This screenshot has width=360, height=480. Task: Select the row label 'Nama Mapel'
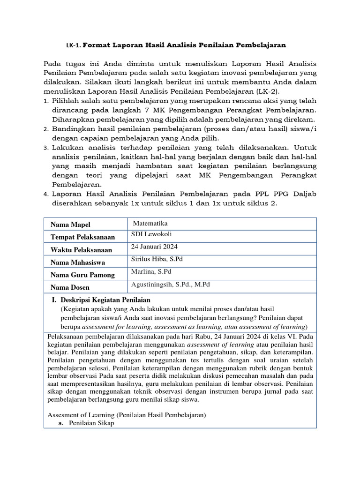pos(71,225)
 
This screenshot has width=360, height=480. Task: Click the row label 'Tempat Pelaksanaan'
pos(83,237)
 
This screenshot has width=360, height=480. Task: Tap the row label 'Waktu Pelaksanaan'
pos(82,250)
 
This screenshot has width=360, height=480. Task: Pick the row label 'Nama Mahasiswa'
pos(78,262)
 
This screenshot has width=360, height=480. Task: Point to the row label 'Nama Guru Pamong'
pos(82,275)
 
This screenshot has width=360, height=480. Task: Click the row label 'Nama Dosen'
pos(70,287)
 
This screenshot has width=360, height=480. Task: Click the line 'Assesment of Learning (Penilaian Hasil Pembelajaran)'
pos(127,414)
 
